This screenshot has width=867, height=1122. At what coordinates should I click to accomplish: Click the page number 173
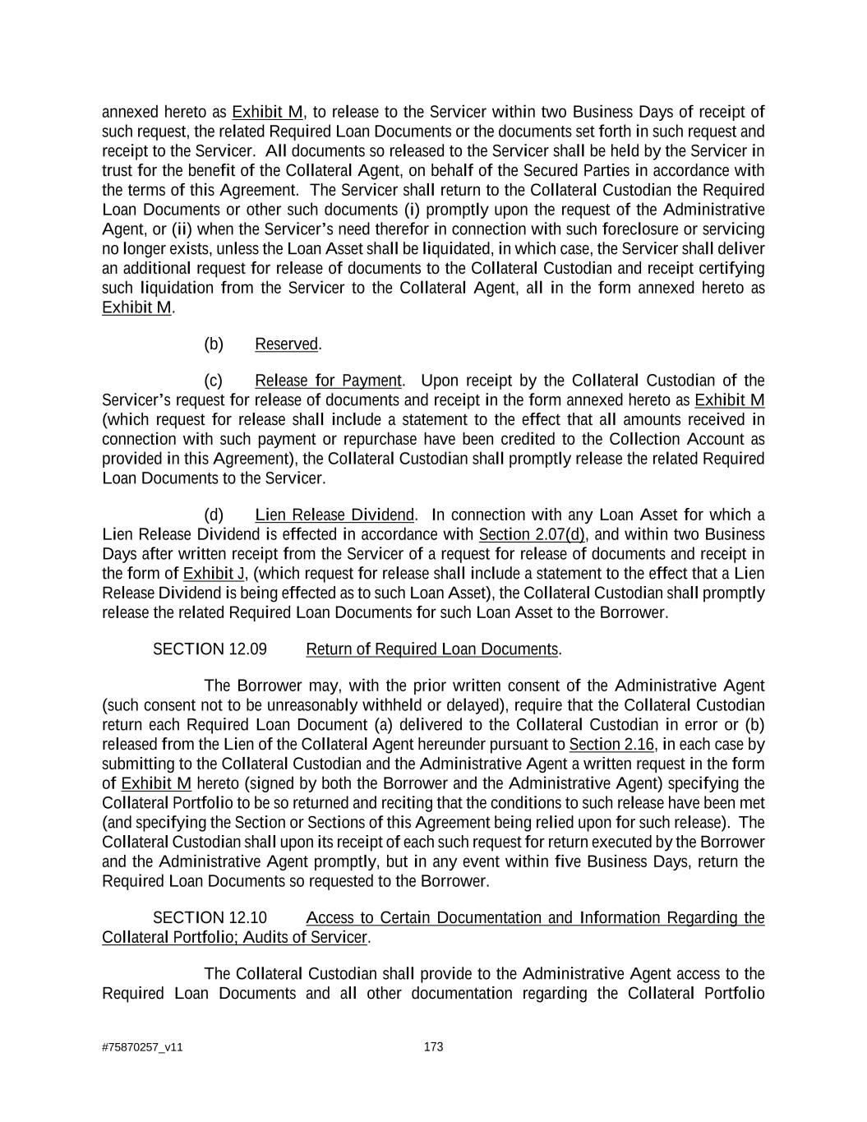pos(433,1046)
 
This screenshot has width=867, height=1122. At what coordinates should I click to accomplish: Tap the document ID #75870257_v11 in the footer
pos(142,1047)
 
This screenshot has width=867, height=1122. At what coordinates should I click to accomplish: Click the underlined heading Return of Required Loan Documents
pos(431,649)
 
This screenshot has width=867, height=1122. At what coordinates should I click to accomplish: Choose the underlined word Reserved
pos(286,344)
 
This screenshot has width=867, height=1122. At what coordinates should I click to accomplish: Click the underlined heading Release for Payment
pos(328,381)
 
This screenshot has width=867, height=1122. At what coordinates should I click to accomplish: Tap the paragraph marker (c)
pos(214,381)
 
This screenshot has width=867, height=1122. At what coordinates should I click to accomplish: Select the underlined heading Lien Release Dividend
pos(334,515)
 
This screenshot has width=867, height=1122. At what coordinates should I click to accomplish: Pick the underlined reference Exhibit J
pos(214,573)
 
